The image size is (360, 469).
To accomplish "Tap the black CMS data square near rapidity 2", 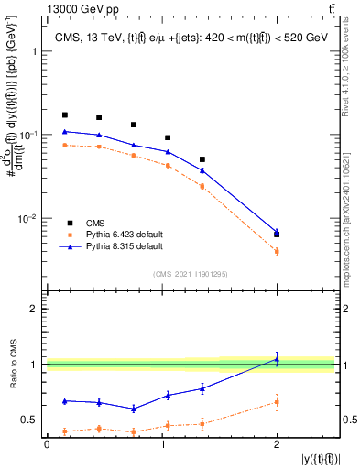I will [x=277, y=234].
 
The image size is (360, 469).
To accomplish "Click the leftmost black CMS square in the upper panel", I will [x=64, y=115].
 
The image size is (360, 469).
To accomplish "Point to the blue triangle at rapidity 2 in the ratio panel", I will [x=277, y=359].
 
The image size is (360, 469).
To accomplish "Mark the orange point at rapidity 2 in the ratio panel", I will [x=277, y=401].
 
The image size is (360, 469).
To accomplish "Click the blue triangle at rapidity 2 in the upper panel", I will [x=277, y=231].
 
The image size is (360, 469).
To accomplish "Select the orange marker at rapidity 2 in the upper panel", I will [x=277, y=251].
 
